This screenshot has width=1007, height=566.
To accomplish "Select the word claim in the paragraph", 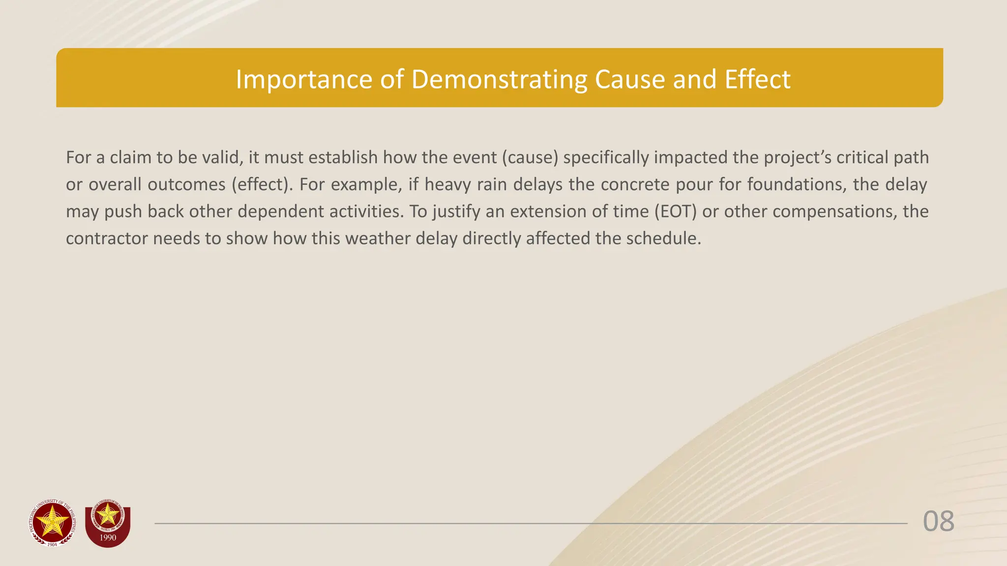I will point(130,157).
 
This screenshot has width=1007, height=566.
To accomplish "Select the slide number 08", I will point(938,521).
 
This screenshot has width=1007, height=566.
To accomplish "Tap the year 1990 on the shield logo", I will point(108,538).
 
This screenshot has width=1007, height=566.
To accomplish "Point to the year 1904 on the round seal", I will point(52,544).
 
